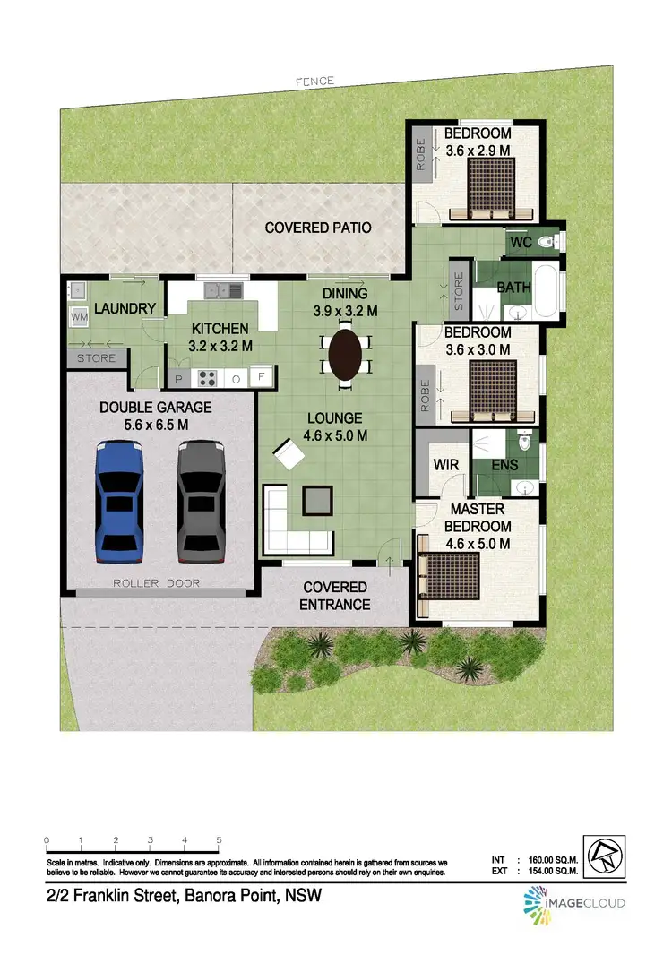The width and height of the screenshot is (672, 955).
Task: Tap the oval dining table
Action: [x=347, y=355]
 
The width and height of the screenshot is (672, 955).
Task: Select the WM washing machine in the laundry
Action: [x=79, y=317]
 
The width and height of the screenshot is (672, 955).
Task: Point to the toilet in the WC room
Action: [x=553, y=241]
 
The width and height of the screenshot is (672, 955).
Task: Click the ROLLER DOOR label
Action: [x=156, y=583]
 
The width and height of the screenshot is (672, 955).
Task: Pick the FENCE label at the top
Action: [x=315, y=82]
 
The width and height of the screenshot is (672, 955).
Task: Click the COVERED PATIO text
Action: [x=318, y=228]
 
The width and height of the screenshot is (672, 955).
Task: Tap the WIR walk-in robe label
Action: [x=446, y=465]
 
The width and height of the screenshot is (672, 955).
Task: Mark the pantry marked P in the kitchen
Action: [x=177, y=379]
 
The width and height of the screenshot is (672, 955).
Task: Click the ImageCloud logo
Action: [x=575, y=903]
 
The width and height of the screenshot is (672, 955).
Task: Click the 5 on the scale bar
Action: [x=219, y=839]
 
